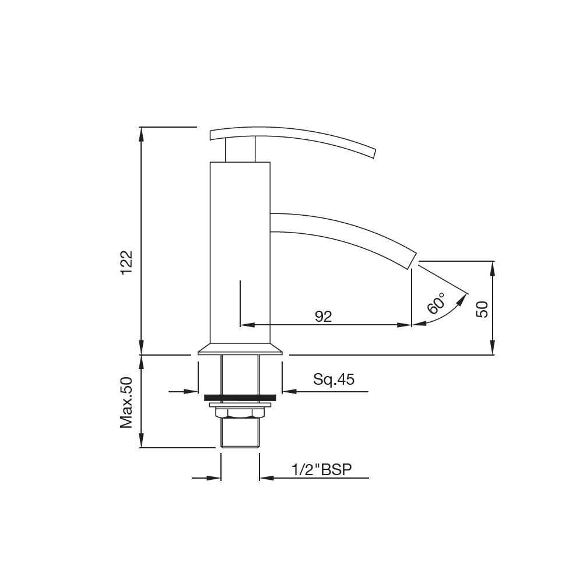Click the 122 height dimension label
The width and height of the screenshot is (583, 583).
pos(127,262)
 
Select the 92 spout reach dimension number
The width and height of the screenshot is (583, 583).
pos(323,317)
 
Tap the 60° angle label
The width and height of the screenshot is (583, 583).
pos(436,303)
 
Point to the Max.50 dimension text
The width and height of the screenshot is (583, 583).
pos(127,403)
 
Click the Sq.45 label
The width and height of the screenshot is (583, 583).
pos(333,380)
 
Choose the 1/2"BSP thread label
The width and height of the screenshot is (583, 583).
pos(322,469)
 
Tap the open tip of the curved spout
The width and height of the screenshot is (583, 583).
pos(413,260)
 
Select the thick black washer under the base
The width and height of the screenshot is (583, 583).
pos(240,398)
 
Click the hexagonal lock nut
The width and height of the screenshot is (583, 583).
pos(240,413)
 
